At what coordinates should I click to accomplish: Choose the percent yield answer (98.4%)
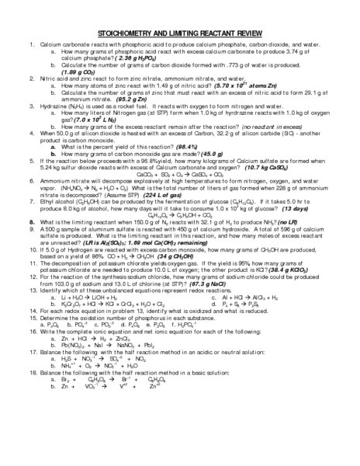click(x=192, y=145)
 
